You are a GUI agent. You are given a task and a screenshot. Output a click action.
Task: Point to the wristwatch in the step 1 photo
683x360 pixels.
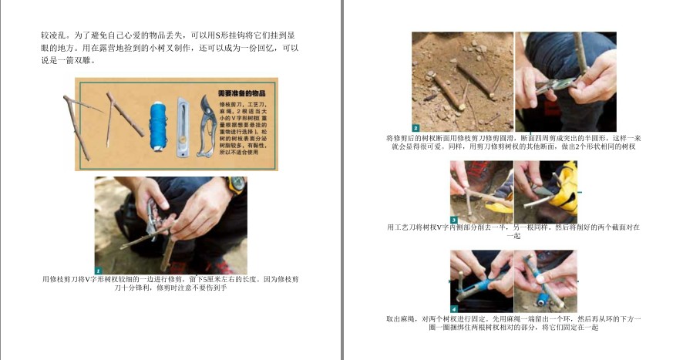235,185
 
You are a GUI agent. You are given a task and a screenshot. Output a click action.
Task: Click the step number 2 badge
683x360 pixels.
416,128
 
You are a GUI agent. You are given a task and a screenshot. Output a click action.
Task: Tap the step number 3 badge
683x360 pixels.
453,220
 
